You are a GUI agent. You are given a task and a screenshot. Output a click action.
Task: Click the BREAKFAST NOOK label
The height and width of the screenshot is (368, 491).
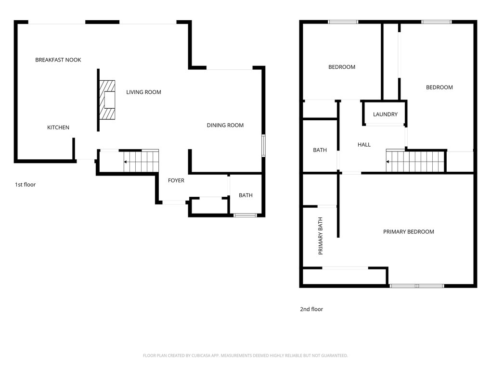coord(58,60)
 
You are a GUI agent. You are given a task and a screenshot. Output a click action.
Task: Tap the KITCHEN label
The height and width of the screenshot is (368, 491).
coord(58,127)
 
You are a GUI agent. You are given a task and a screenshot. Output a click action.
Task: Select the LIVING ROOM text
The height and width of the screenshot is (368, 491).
coord(144,92)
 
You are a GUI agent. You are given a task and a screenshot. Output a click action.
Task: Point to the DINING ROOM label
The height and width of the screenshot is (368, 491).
coord(225,125)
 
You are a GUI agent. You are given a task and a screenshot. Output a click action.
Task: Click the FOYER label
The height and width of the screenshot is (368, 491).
coord(176,180)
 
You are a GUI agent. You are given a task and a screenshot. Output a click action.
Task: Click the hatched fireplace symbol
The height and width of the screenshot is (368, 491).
coord(107,100)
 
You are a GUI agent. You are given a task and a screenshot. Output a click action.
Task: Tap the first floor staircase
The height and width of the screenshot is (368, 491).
coord(141,161)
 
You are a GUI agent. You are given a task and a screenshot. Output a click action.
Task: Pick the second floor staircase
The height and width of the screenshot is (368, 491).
coord(415,161)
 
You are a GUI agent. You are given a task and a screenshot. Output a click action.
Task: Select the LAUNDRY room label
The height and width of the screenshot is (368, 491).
coord(385,114)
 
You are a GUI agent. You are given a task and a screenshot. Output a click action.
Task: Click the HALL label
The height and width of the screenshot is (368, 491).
coord(364,145)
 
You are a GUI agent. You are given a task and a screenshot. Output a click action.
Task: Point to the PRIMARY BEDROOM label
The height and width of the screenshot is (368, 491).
coord(409,232)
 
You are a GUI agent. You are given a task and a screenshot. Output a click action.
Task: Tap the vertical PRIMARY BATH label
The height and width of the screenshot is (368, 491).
coord(320,236)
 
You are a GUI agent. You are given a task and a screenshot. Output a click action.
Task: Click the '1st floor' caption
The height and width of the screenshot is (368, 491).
coord(26,185)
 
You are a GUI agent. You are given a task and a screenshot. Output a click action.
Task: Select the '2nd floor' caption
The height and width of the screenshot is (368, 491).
coord(311,309)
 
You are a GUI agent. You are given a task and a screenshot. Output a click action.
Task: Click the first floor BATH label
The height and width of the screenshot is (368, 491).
coord(245,195)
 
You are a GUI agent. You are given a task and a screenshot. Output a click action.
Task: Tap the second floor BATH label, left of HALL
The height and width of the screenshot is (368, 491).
coord(320,150)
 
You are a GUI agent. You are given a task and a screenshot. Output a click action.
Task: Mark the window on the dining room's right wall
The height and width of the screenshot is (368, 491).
coord(264,145)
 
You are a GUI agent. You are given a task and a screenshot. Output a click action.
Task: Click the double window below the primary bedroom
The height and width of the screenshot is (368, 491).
coord(417,286)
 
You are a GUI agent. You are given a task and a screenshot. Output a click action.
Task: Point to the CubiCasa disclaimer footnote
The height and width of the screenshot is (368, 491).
coord(245,355)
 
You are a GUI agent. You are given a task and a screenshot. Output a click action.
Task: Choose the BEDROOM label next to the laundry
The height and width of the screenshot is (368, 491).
coord(439,87)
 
